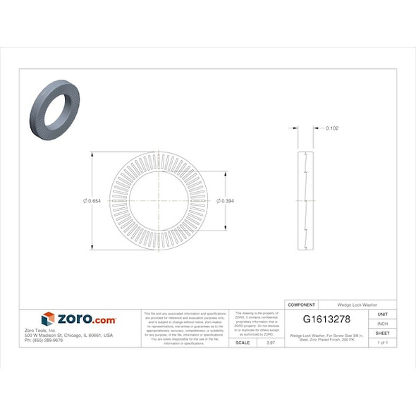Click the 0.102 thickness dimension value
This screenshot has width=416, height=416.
pyautogui.click(x=332, y=128)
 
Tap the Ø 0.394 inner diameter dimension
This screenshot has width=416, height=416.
pyautogui.click(x=227, y=201)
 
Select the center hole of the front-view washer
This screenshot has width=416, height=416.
pyautogui.click(x=159, y=201)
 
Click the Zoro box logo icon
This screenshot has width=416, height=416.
pyautogui.click(x=48, y=319)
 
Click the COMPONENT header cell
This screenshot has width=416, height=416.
pyautogui.click(x=302, y=304)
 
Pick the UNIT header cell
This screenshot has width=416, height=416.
pyautogui.click(x=383, y=314)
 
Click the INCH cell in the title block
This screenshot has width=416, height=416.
pyautogui.click(x=383, y=324)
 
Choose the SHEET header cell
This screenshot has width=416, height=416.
pyautogui.click(x=383, y=333)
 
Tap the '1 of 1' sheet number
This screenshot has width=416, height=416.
pyautogui.click(x=383, y=343)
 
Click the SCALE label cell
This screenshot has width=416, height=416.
pyautogui.click(x=243, y=343)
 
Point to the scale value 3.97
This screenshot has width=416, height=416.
pyautogui.click(x=269, y=343)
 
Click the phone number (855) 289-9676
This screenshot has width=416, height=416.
pyautogui.click(x=44, y=341)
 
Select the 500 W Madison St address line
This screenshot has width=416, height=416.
pyautogui.click(x=68, y=336)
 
